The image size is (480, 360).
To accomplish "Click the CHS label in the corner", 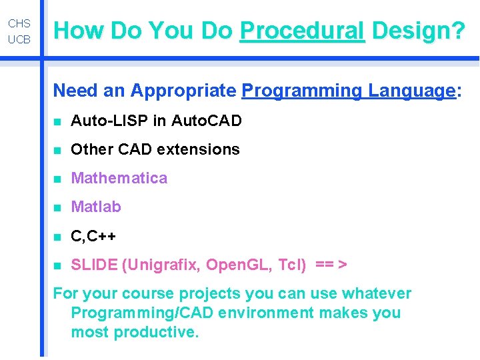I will click(19, 24).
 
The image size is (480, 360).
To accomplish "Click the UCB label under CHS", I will click(19, 40).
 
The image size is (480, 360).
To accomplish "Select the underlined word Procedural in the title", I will click(302, 30).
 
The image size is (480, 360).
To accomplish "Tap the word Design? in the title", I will click(419, 30).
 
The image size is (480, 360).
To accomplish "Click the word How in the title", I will click(80, 30).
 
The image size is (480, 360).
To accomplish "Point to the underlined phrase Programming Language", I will click(348, 91).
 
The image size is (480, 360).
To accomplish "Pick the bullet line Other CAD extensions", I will click(155, 149).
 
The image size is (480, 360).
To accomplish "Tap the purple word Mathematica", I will click(119, 178).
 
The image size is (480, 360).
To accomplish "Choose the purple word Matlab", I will click(96, 207).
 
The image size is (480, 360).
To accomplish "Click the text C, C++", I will click(93, 236).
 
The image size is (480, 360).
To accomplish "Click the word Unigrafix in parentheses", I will click(162, 265).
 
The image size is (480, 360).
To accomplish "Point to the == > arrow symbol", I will click(331, 265).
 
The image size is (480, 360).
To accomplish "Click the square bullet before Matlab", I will click(58, 208).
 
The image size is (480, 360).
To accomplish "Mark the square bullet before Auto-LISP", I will click(58, 122).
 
